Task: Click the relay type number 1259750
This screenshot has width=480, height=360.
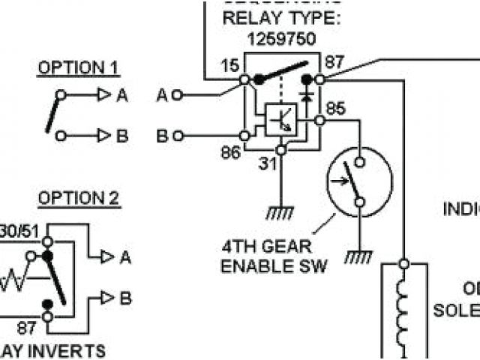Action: [x=280, y=39]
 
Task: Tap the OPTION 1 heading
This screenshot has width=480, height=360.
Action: [x=78, y=68]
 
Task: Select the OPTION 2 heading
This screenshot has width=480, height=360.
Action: [x=79, y=199]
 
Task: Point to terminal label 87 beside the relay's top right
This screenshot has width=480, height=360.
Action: [x=334, y=63]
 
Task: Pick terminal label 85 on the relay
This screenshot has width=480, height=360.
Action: [x=335, y=109]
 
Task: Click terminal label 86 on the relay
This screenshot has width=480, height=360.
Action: [x=231, y=152]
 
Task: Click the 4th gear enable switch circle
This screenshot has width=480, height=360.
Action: [x=359, y=181]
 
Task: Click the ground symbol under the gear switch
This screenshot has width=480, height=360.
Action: [x=359, y=257]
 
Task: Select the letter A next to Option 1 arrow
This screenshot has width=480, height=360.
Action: [x=121, y=95]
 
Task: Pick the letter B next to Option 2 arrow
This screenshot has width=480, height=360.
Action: [x=125, y=298]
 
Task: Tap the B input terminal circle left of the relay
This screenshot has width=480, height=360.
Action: [x=177, y=136]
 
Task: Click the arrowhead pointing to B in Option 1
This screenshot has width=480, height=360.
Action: [x=103, y=136]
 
